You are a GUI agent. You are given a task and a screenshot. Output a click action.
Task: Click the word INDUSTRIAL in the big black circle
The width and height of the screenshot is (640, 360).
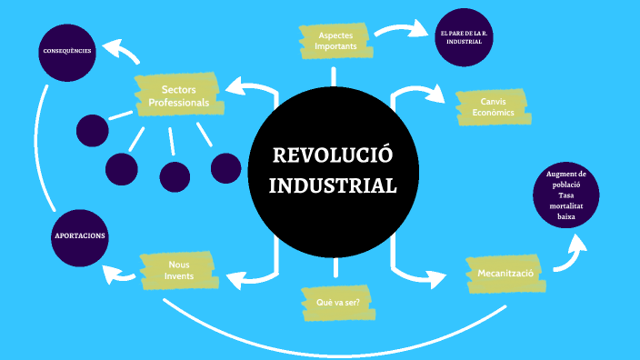pos(335,185)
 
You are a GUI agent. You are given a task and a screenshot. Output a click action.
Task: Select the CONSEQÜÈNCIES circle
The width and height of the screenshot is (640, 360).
pos(67,51)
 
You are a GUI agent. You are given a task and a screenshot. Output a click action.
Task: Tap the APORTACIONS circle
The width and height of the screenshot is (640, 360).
pos(79,235)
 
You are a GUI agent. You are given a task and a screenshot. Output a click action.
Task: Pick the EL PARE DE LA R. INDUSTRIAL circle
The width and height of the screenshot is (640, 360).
pos(465,37)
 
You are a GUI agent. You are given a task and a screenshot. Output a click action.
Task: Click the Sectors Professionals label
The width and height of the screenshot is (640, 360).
pos(179,95)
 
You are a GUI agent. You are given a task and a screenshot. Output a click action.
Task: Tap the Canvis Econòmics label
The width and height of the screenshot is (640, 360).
pos(493,106)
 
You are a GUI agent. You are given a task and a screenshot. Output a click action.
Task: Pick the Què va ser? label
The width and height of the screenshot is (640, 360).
pos(337,304)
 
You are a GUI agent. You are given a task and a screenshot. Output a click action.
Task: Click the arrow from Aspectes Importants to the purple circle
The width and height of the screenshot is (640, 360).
pos(400,30)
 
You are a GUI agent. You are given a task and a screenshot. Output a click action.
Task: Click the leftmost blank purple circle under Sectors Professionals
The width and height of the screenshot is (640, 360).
pos(92,130)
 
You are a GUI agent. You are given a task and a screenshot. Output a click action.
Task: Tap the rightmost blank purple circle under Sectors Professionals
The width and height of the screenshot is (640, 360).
pos(225,167)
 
